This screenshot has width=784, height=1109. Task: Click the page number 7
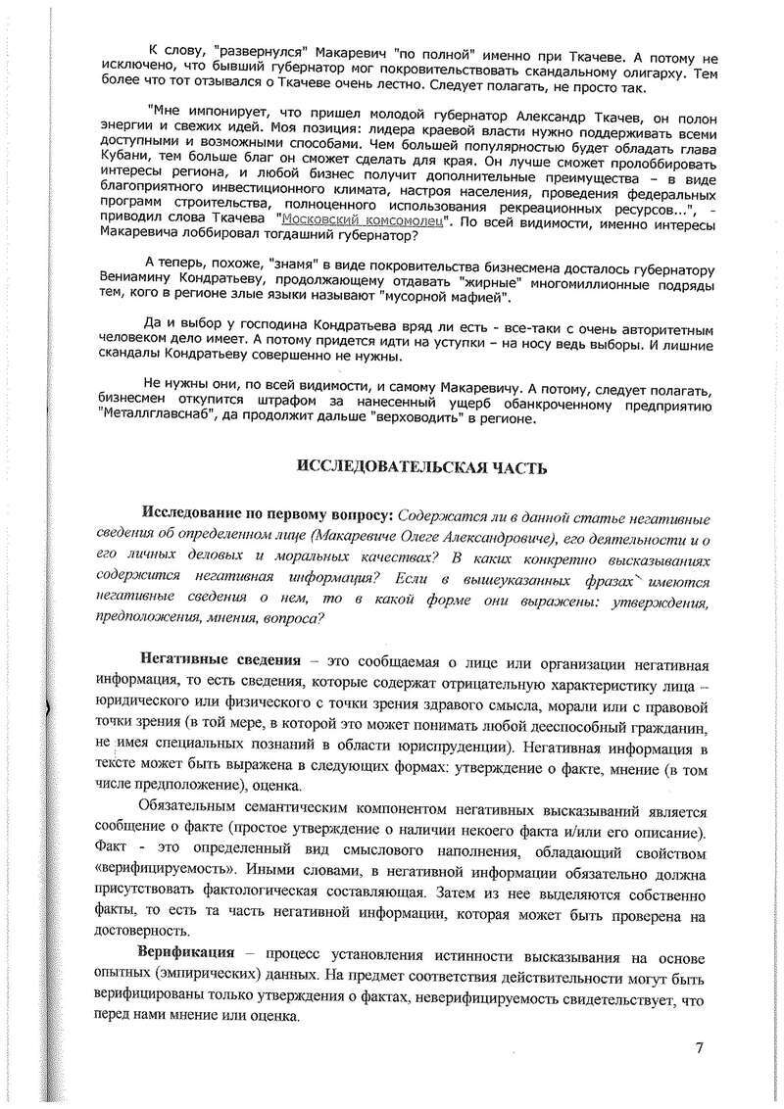click(699, 1048)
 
